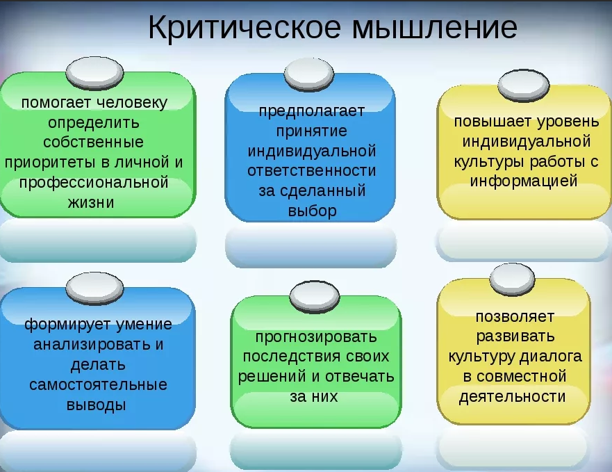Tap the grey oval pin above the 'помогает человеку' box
click(94, 72)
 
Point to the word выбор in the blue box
click(311, 211)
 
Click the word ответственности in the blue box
click(311, 171)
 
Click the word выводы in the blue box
click(97, 405)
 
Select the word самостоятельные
click(98, 384)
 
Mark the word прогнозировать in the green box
click(316, 337)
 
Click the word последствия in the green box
click(290, 357)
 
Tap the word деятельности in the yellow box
click(512, 397)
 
